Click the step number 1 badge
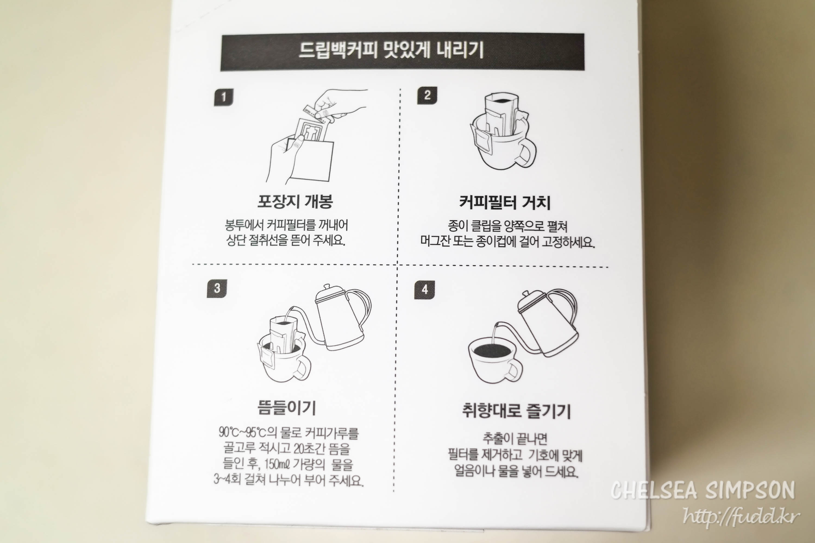[224, 97]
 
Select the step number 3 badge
[217, 288]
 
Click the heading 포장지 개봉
[295, 201]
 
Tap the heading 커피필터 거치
[504, 203]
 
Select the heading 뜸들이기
[287, 408]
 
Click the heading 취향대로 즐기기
[516, 411]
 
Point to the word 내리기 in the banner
[460, 50]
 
